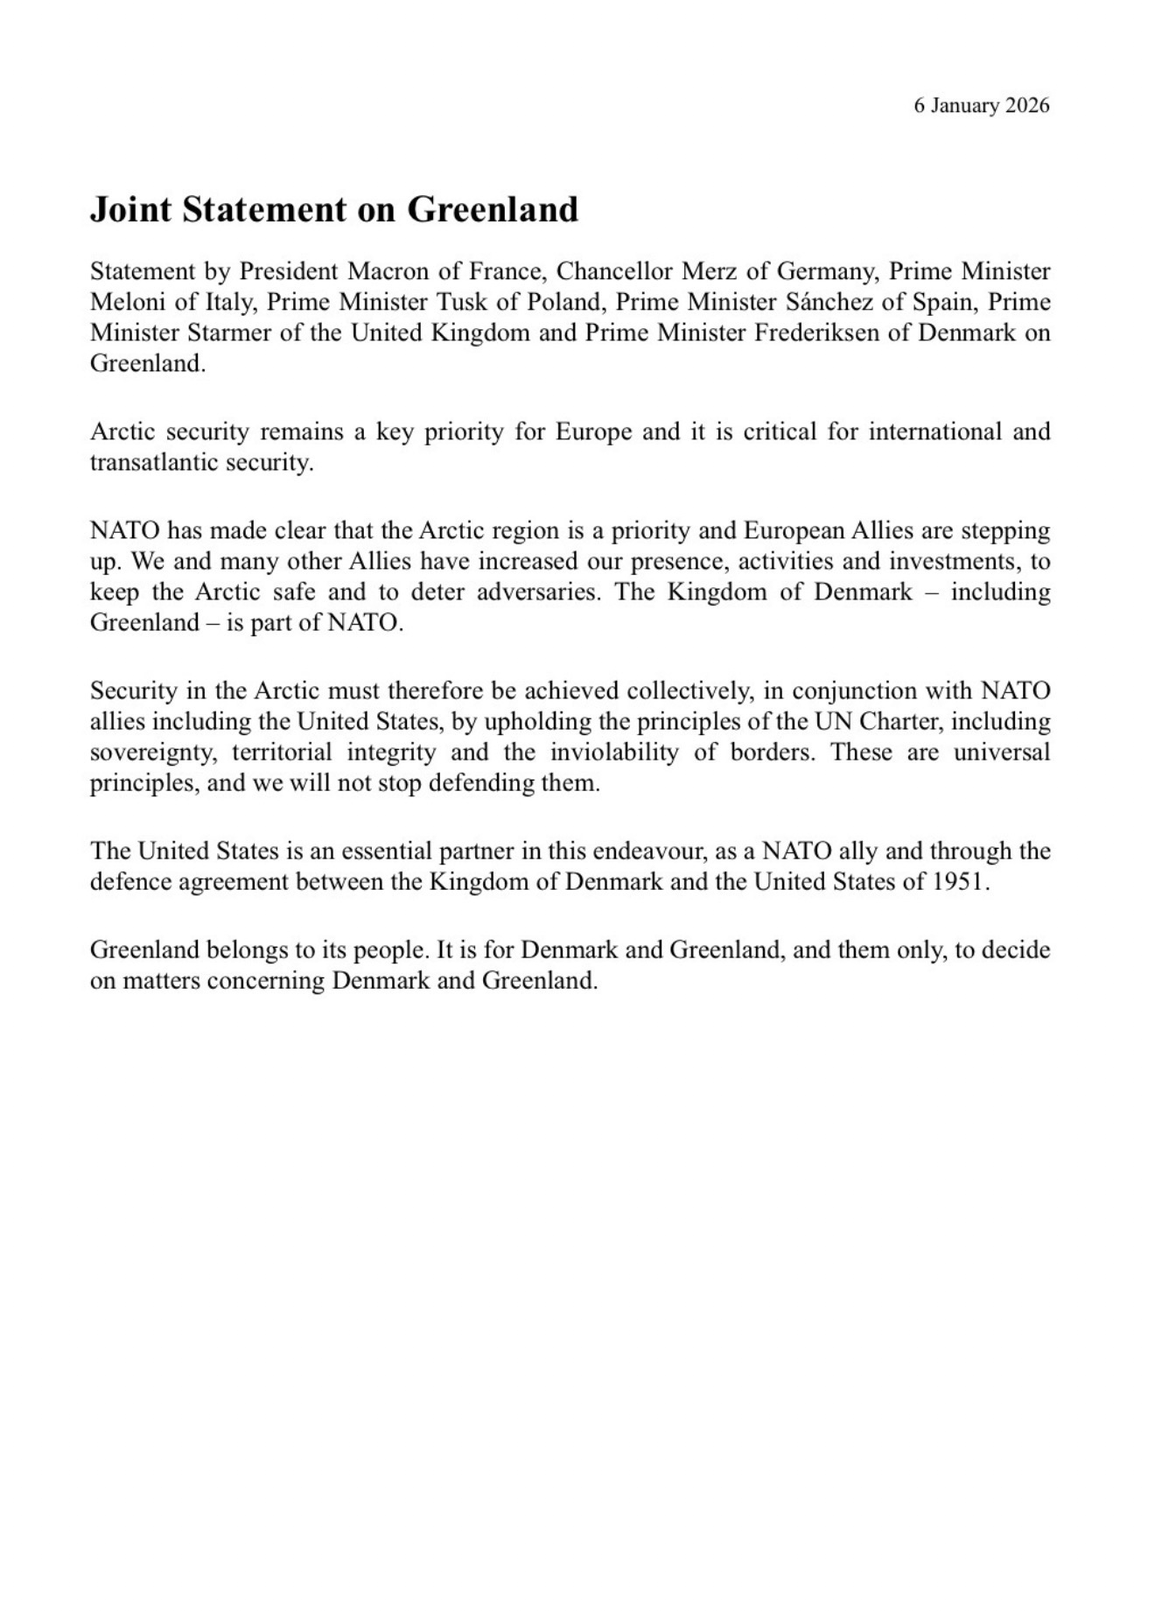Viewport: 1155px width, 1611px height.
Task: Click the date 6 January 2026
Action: (981, 106)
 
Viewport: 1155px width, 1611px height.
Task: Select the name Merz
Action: (716, 271)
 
